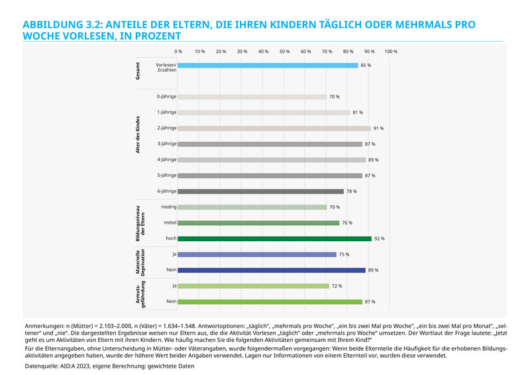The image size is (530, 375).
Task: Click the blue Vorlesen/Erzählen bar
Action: (268, 66)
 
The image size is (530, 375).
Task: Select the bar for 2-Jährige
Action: (274, 129)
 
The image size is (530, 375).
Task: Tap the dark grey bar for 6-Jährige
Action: (261, 191)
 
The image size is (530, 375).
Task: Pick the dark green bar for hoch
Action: (275, 239)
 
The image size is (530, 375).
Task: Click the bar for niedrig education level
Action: (252, 207)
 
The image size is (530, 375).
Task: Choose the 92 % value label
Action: (379, 239)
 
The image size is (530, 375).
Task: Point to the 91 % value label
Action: (378, 129)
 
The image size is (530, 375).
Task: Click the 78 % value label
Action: (351, 191)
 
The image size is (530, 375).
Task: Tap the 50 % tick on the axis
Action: (285, 51)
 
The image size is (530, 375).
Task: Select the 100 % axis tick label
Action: (391, 51)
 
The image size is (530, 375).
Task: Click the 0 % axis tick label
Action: (178, 51)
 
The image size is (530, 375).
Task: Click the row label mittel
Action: (169, 223)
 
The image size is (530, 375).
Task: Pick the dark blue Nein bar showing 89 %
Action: (272, 270)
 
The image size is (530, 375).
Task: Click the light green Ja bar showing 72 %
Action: (254, 286)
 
